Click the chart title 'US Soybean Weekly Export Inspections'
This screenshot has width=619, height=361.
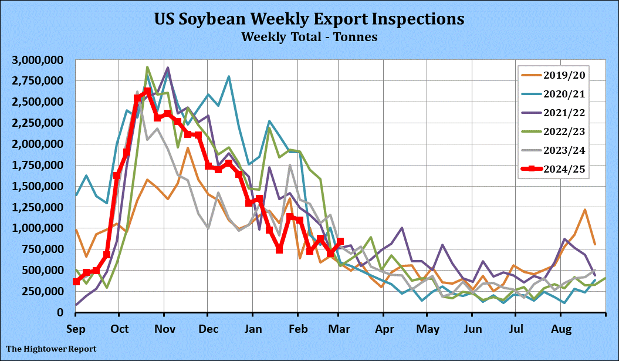(x=309, y=19)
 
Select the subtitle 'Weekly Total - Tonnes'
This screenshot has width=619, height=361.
(x=309, y=37)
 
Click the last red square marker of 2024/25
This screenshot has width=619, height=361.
(x=340, y=241)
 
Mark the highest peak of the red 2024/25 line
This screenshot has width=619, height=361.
(x=147, y=92)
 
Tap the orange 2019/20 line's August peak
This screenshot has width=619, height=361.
(x=585, y=210)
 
